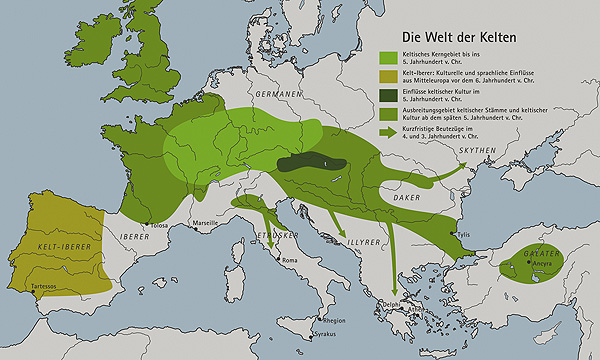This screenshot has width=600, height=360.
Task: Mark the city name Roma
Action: (291, 261)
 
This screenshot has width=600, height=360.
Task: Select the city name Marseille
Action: (206, 222)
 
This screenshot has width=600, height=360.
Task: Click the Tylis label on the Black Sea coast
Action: (462, 236)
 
